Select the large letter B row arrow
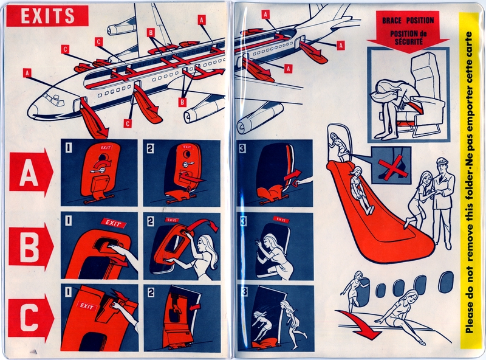click(x=30, y=246)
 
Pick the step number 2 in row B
click(x=150, y=220)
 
